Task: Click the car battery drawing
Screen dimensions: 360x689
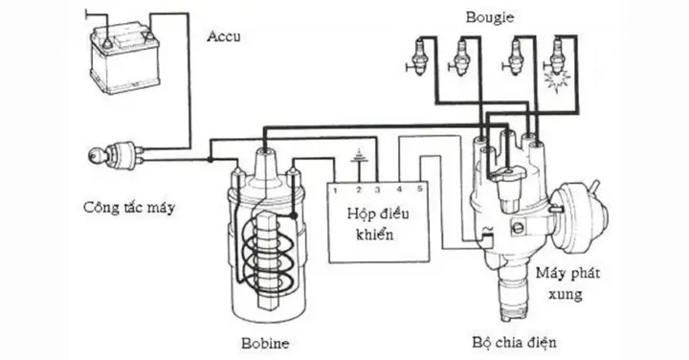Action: [123, 58]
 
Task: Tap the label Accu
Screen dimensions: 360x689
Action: [226, 37]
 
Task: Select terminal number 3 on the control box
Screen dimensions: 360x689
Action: [378, 190]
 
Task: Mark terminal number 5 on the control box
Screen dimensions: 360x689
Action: [420, 190]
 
